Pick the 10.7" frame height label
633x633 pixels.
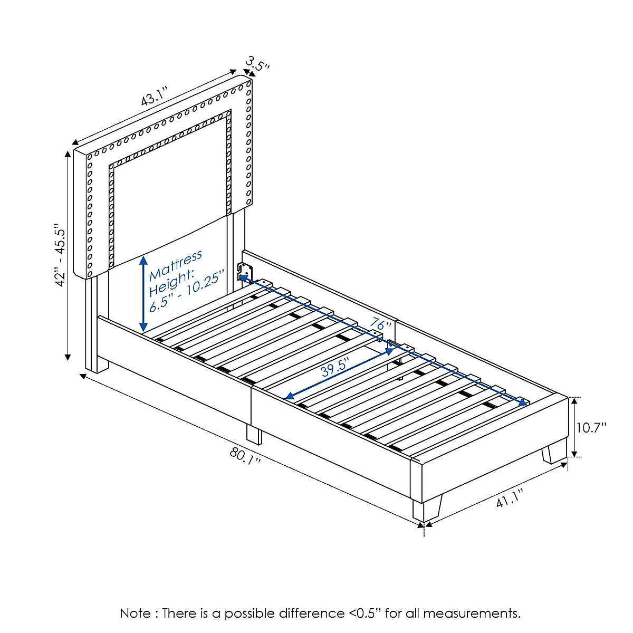(591, 427)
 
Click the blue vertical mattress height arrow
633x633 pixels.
(143, 293)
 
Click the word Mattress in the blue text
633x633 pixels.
(176, 265)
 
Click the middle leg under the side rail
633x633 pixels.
(254, 434)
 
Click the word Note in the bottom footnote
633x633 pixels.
(136, 613)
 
